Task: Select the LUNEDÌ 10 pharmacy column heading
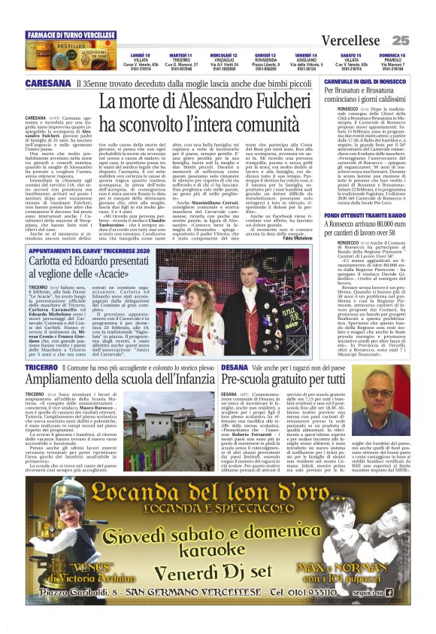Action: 140,55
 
